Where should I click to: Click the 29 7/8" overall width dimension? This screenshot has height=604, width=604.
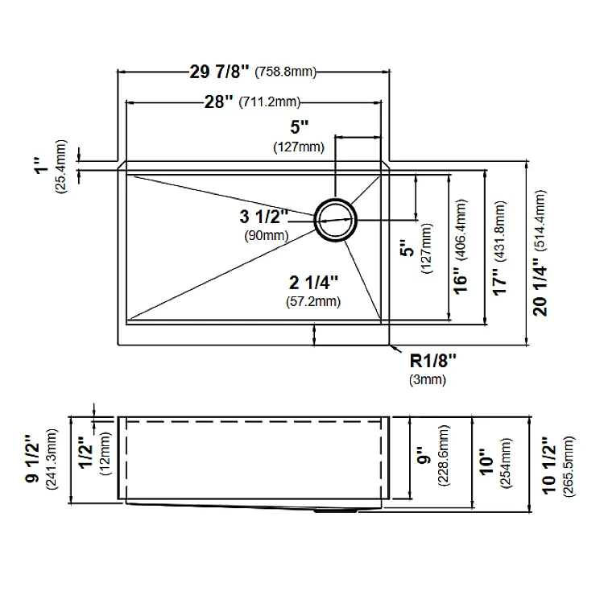pyautogui.click(x=220, y=72)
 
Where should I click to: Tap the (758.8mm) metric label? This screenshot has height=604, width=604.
pyautogui.click(x=285, y=72)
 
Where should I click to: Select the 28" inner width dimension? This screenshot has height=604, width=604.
pyautogui.click(x=219, y=102)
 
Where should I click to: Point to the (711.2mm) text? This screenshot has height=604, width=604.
pyautogui.click(x=269, y=102)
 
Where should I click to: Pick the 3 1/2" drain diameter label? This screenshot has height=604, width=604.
pyautogui.click(x=264, y=217)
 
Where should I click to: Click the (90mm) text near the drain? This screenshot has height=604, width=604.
pyautogui.click(x=267, y=235)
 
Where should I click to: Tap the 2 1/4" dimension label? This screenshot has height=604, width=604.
pyautogui.click(x=313, y=283)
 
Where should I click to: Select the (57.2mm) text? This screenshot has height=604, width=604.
pyautogui.click(x=313, y=301)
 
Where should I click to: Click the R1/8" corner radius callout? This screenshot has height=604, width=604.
pyautogui.click(x=433, y=362)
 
